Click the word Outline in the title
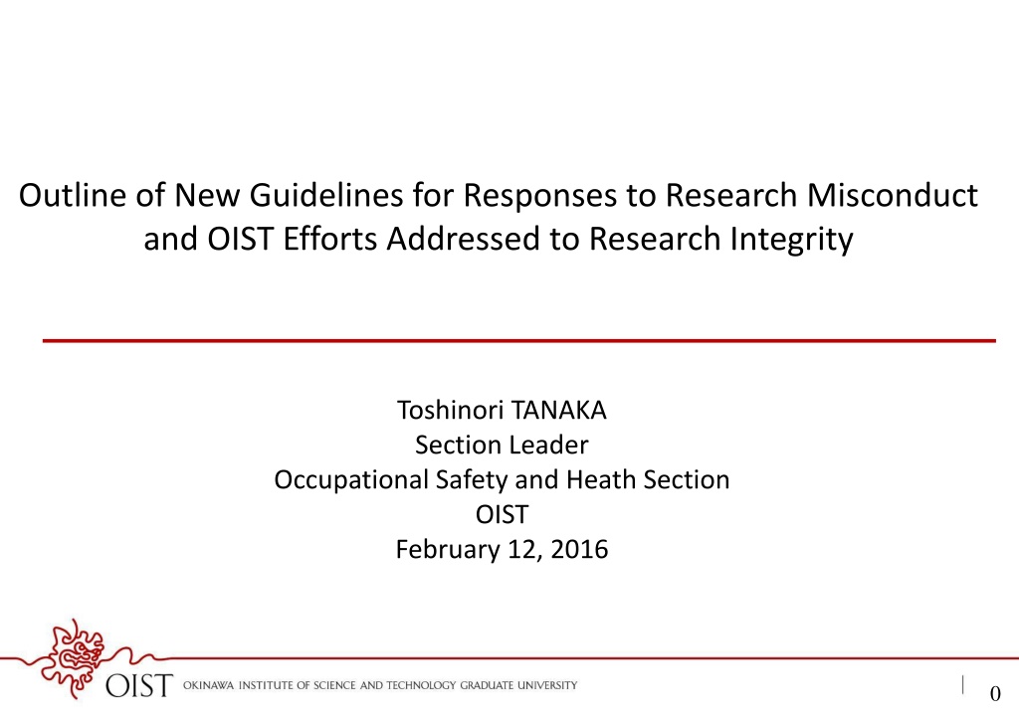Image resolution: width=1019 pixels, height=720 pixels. (x=73, y=195)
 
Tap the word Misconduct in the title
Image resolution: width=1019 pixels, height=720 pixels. (x=892, y=195)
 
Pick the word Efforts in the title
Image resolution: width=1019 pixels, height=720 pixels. (x=330, y=239)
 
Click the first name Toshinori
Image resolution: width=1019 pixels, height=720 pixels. (x=450, y=411)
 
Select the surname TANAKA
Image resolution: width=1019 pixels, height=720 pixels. (x=559, y=411)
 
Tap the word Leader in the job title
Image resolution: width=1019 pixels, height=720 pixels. (x=548, y=446)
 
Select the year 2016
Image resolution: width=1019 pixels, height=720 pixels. (x=579, y=549)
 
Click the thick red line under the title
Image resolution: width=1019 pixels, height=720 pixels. (x=518, y=340)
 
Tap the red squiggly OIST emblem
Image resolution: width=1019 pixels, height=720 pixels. (x=73, y=657)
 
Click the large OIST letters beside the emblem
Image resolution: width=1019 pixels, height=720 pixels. (x=139, y=685)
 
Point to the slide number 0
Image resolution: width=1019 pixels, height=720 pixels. (x=995, y=694)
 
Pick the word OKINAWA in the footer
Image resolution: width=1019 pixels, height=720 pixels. (x=208, y=685)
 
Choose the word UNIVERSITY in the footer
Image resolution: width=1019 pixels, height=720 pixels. (x=547, y=685)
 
